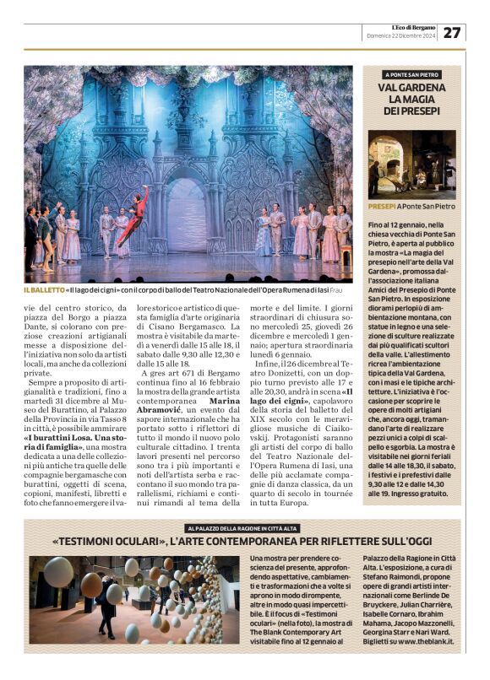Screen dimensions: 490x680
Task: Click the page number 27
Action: (x=452, y=32)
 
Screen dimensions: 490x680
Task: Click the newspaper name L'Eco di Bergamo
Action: (x=413, y=27)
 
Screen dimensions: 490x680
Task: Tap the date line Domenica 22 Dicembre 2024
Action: (x=401, y=36)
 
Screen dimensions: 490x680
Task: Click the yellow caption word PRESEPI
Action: (x=383, y=206)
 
